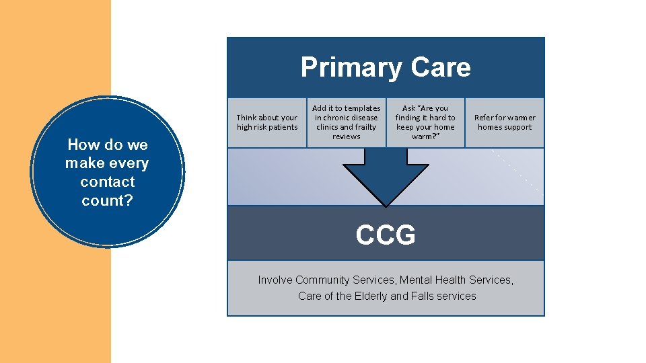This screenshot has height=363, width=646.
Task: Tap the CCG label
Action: [x=386, y=235]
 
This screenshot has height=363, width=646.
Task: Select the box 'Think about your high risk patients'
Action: [x=266, y=122]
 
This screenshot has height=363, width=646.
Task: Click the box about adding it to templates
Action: [x=347, y=122]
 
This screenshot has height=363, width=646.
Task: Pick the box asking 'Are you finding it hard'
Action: [x=425, y=122]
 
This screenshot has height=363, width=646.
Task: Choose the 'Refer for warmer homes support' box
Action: [x=505, y=122]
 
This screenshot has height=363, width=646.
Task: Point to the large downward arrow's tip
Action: [x=386, y=204]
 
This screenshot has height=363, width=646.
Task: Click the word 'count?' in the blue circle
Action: [x=107, y=200]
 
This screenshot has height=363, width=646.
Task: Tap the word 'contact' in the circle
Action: [x=107, y=182]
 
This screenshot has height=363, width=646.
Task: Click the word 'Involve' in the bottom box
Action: [x=275, y=280]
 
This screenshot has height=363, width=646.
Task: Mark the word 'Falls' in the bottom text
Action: [x=424, y=296]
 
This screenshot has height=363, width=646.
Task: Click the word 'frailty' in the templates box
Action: [x=365, y=127]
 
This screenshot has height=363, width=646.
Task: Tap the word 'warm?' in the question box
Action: [x=425, y=136]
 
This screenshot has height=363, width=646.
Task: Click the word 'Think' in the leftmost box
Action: [x=248, y=118]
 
